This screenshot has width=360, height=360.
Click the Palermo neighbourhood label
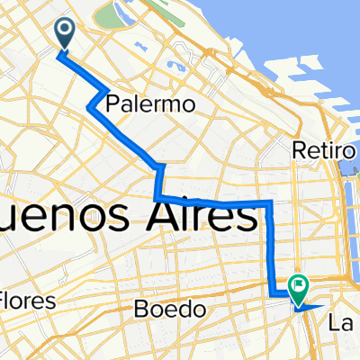pos(151,104)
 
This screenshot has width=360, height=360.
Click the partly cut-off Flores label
pos(27,299)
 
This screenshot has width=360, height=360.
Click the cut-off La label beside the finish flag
pos(343,321)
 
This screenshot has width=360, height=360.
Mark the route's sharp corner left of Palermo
pos(90,108)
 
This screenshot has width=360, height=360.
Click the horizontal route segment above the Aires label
pos(216,201)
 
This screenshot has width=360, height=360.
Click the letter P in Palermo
pos(112,105)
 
